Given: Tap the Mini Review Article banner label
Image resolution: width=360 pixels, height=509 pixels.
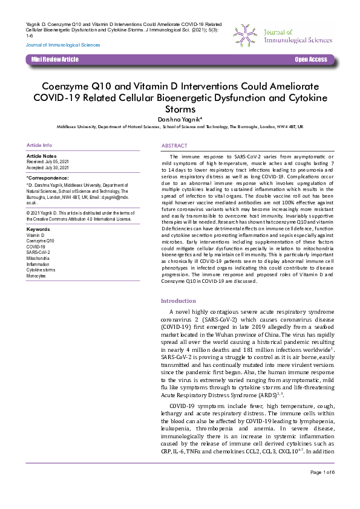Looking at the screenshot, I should (55, 59).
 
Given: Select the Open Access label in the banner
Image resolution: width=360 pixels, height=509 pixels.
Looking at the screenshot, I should (310, 59).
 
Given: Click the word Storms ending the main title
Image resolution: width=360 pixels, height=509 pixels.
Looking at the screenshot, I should (180, 109).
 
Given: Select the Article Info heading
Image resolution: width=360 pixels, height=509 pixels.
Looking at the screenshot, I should (39, 146).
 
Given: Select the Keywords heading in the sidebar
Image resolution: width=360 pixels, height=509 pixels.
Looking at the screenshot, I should (39, 229).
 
